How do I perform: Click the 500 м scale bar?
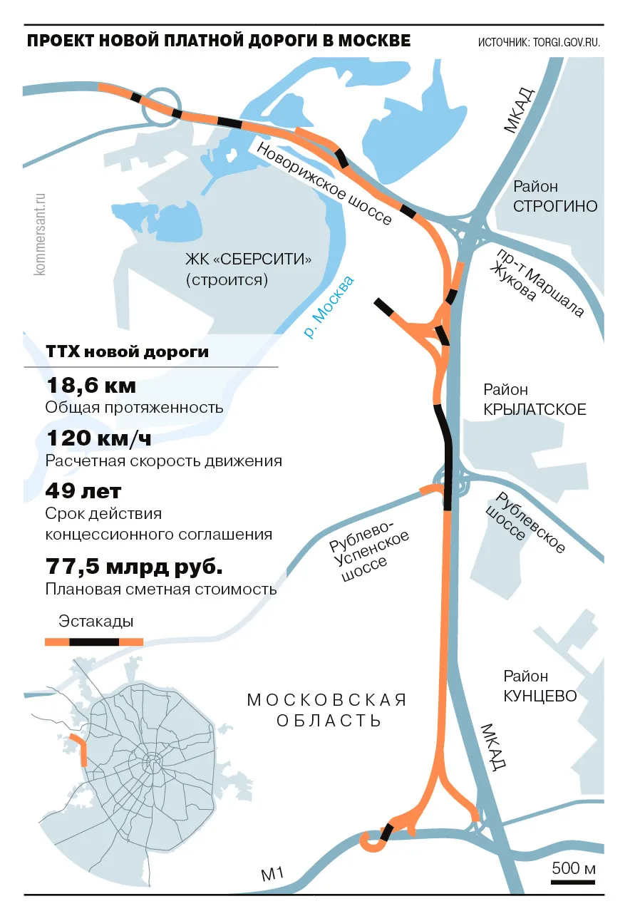[x=573, y=883]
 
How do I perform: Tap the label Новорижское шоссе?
[x=324, y=184]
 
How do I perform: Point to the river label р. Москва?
[x=329, y=307]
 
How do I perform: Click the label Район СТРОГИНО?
[x=555, y=197]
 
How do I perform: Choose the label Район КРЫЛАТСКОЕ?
[x=535, y=400]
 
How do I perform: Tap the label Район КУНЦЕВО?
[x=539, y=686]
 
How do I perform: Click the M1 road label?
[x=272, y=873]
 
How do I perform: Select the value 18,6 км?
[x=91, y=386]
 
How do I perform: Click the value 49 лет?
[x=83, y=491]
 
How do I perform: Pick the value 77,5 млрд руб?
[x=134, y=567]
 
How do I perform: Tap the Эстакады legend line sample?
[x=94, y=642]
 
